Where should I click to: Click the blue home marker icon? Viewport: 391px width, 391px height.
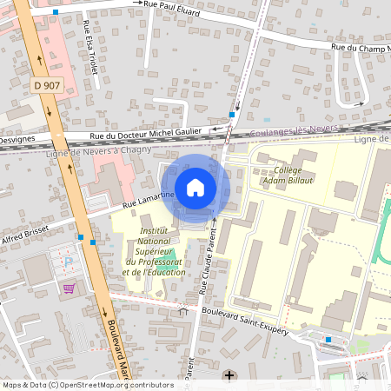tap(195, 188)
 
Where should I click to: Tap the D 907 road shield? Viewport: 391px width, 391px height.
tap(47, 85)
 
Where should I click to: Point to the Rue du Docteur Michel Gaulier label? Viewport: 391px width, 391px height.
tap(146, 134)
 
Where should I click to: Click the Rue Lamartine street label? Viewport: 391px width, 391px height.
tap(149, 202)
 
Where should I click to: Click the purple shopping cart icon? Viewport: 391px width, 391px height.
tap(68, 288)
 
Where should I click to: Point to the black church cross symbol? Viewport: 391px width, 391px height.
tap(229, 375)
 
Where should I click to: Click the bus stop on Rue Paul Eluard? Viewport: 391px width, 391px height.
tap(56, 12)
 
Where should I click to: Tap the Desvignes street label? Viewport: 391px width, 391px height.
tap(17, 139)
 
